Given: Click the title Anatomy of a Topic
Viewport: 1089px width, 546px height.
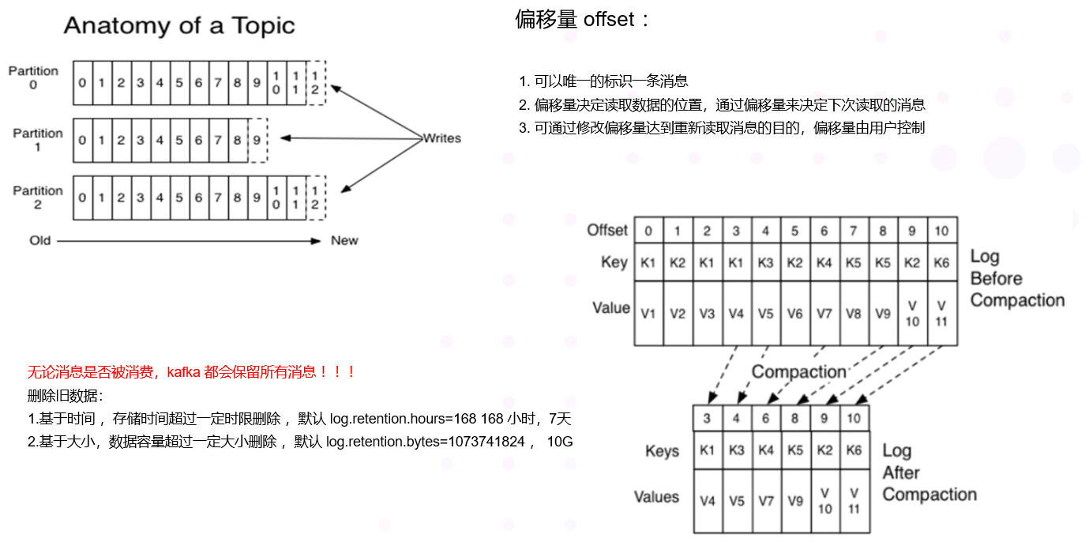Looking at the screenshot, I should pyautogui.click(x=179, y=26).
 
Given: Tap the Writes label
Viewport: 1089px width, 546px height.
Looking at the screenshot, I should pyautogui.click(x=441, y=138).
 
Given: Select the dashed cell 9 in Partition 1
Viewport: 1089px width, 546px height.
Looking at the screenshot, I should pyautogui.click(x=257, y=141).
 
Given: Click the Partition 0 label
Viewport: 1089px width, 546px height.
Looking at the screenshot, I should pyautogui.click(x=33, y=77).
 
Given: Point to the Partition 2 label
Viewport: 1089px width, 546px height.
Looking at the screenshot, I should pyautogui.click(x=37, y=198).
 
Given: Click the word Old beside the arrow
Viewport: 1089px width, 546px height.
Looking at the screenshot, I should pyautogui.click(x=40, y=240).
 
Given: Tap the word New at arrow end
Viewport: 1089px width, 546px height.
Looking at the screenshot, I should pyautogui.click(x=344, y=240).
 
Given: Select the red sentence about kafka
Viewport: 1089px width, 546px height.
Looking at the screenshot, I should pyautogui.click(x=192, y=371).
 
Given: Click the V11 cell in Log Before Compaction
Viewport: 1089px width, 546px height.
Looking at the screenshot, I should pyautogui.click(x=942, y=314).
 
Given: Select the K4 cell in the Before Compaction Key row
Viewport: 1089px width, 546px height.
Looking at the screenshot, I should pyautogui.click(x=824, y=263).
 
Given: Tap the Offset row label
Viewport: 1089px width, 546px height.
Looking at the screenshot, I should pyautogui.click(x=607, y=231).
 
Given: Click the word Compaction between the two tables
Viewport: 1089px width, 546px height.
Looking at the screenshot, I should pyautogui.click(x=798, y=371).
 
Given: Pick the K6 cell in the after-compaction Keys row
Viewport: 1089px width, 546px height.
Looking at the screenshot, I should pyautogui.click(x=854, y=451).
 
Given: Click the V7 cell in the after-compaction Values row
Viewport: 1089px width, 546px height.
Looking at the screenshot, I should pyautogui.click(x=766, y=500).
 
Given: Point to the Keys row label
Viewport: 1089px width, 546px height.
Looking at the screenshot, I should pyautogui.click(x=662, y=451).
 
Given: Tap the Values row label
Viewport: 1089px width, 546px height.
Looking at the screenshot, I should pyautogui.click(x=656, y=497).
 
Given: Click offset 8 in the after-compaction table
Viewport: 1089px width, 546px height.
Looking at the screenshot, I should pyautogui.click(x=795, y=418).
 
